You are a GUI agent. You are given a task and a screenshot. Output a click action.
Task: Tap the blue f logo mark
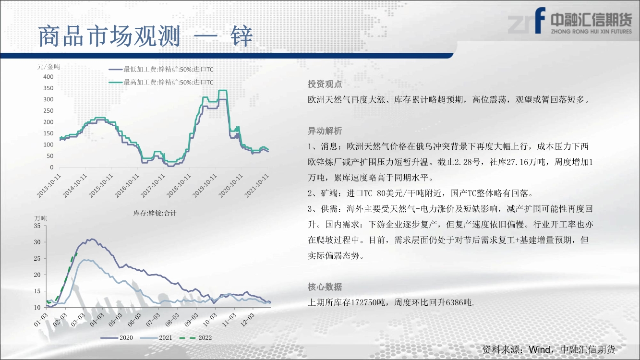[x=540, y=20]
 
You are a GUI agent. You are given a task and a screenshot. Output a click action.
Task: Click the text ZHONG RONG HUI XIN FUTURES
[x=592, y=31]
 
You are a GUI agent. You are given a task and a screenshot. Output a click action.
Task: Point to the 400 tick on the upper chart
[x=48, y=77]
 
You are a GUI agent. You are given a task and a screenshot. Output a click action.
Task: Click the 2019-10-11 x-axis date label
[x=205, y=186]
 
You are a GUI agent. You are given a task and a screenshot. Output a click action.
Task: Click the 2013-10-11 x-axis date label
[x=49, y=186]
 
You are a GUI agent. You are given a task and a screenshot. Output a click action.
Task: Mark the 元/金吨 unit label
[x=48, y=67]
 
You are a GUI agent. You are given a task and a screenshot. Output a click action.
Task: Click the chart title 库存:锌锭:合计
[x=155, y=213]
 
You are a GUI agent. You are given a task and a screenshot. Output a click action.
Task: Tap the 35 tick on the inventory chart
[x=37, y=226]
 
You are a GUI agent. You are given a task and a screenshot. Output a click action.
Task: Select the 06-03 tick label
[x=134, y=320]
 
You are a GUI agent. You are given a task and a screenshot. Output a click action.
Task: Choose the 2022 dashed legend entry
[x=196, y=338]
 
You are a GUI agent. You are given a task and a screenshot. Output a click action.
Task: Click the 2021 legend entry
[x=157, y=338]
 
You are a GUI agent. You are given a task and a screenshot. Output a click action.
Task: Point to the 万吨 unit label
[x=41, y=218]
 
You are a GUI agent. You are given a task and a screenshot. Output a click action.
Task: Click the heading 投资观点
[x=325, y=84]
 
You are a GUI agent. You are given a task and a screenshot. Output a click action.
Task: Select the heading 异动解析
[x=325, y=131]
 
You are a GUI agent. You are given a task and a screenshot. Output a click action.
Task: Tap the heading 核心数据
[x=325, y=287]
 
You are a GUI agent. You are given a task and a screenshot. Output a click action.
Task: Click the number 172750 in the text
[x=363, y=302]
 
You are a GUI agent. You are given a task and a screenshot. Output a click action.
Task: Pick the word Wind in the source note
[x=540, y=349]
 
